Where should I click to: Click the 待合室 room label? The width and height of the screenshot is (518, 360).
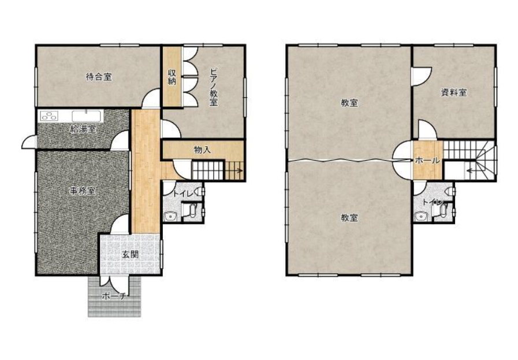click(99, 77)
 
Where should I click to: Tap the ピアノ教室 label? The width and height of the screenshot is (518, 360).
click(214, 87)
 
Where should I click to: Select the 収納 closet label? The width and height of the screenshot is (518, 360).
click(172, 77)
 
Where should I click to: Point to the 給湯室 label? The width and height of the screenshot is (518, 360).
click(83, 129)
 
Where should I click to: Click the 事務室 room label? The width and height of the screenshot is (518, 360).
click(82, 191)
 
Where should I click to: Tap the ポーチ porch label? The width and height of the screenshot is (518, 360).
click(114, 296)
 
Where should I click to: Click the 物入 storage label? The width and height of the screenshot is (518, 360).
click(202, 150)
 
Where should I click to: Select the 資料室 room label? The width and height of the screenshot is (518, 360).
click(454, 92)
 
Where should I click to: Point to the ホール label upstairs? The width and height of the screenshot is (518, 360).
click(427, 161)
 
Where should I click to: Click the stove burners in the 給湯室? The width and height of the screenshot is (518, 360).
click(49, 116)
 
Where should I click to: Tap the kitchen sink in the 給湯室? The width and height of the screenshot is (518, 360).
click(87, 116)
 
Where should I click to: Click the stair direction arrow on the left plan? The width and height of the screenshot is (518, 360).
click(235, 171)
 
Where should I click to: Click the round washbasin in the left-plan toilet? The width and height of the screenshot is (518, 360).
click(170, 217)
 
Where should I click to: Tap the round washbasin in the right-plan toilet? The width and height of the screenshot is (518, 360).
click(421, 217)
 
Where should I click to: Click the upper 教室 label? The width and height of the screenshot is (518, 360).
click(349, 103)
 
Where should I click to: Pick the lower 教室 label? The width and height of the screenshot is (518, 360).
click(349, 218)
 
